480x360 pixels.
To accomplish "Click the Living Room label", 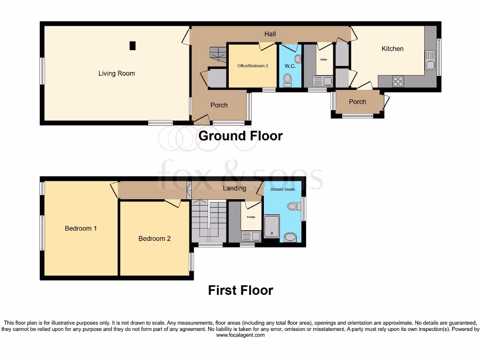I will tap(116, 74).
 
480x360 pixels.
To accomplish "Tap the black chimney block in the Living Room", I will tap(133, 45).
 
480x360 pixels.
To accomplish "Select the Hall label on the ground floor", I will tap(270, 34).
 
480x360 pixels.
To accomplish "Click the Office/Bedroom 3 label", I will tap(253, 66).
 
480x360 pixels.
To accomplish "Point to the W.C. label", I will tap(290, 66).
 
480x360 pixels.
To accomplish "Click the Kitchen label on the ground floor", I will tap(392, 49).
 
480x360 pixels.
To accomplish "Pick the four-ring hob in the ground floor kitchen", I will tap(398, 82).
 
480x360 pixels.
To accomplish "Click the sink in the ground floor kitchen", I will tap(430, 60).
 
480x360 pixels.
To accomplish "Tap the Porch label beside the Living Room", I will tap(219, 105).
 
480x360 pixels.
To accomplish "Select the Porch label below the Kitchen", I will tap(357, 102).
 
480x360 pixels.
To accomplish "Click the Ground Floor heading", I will tap(240, 136).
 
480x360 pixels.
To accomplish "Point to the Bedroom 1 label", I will tap(81, 228).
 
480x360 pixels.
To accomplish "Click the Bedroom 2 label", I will tap(154, 239).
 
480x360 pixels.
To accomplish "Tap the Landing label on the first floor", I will tap(234, 188).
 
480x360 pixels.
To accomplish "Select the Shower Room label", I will tap(283, 190).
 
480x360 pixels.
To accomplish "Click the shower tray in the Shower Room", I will tap(271, 227).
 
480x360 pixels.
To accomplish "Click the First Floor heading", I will tap(240, 291).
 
